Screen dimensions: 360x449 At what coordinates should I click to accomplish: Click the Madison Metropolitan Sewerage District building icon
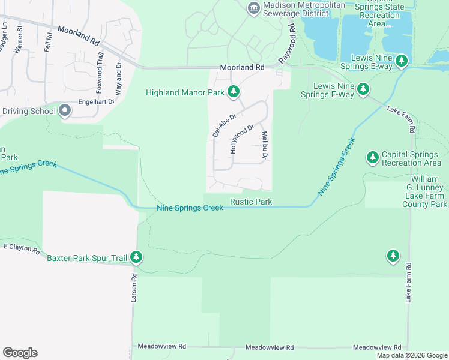[x=253, y=7]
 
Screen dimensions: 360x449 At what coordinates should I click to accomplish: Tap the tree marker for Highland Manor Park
[x=234, y=92]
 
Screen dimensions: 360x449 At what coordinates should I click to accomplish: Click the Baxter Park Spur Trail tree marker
[x=137, y=258]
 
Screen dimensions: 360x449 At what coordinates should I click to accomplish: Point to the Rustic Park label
[x=251, y=202]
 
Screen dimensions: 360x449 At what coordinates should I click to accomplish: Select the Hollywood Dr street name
[x=243, y=139]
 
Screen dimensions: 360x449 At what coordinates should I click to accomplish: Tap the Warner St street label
[x=18, y=40]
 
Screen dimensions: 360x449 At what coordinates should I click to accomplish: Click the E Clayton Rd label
[x=21, y=247]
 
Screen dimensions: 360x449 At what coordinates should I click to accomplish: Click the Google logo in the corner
[x=20, y=353]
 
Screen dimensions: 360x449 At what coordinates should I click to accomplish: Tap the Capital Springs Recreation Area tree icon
[x=372, y=157]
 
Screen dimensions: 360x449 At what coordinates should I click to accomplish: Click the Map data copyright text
[x=411, y=355]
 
